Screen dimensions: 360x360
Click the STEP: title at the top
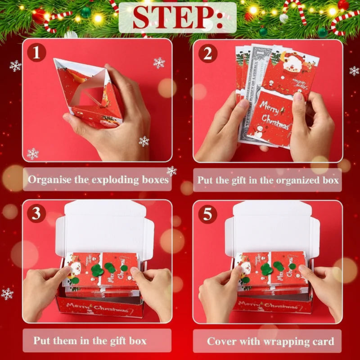[178, 18]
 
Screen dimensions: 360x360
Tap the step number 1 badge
[36, 53]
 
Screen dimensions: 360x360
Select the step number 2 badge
[208, 53]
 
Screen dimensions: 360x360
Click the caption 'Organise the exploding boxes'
[98, 180]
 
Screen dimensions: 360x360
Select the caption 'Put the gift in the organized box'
[268, 180]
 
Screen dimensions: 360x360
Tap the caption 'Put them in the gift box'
[90, 341]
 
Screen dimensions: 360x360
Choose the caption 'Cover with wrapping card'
[270, 341]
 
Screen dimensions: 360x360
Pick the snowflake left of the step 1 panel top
[15, 66]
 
